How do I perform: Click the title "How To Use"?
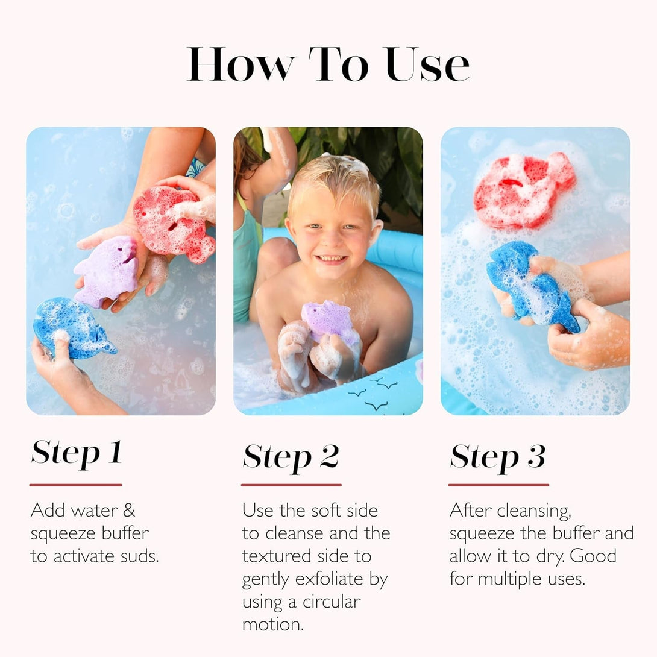tap(328, 64)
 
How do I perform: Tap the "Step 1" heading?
tap(77, 453)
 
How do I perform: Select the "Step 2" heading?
tap(291, 457)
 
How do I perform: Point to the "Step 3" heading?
tap(498, 457)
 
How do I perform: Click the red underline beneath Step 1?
tap(76, 485)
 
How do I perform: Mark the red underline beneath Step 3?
tap(498, 485)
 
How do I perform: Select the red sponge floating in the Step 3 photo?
tap(524, 190)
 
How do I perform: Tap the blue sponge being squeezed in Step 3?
tap(532, 287)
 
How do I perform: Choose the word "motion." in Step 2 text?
tap(273, 624)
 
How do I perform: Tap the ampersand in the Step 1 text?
tap(129, 511)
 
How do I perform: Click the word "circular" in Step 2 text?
tap(332, 602)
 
